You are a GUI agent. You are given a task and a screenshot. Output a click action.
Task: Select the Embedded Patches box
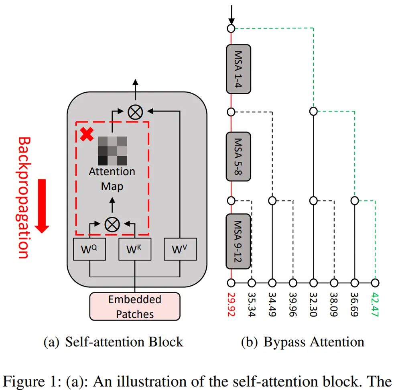click(135, 306)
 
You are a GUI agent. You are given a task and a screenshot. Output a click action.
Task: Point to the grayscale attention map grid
click(112, 150)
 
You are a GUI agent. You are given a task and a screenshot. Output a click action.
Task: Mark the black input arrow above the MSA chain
click(231, 14)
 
